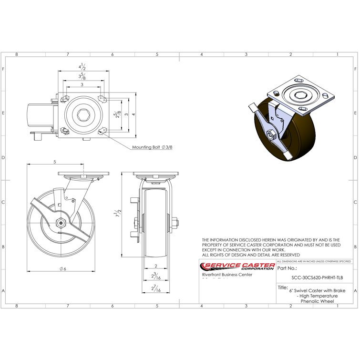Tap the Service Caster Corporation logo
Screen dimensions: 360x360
[x=237, y=267]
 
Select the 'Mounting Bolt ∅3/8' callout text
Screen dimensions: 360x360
[x=152, y=147]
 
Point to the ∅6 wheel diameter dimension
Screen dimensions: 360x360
[x=62, y=269]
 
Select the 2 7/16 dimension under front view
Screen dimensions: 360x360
[x=155, y=289]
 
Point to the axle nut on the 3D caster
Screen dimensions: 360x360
[x=270, y=135]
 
